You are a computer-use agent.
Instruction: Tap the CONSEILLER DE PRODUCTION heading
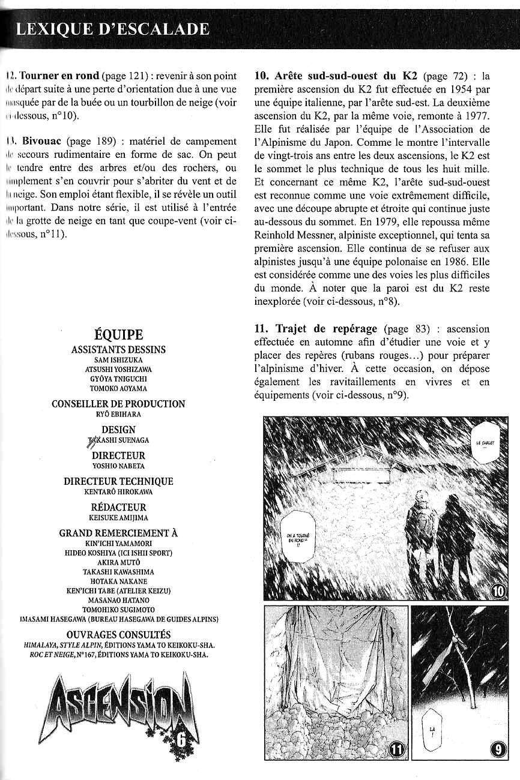[x=118, y=404]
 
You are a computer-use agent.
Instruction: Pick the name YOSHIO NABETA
[x=118, y=466]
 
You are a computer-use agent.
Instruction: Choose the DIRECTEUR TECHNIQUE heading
[x=118, y=481]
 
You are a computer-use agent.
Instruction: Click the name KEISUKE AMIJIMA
[x=118, y=517]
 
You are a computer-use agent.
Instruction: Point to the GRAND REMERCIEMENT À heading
[x=118, y=533]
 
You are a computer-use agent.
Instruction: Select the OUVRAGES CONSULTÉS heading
[x=118, y=634]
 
